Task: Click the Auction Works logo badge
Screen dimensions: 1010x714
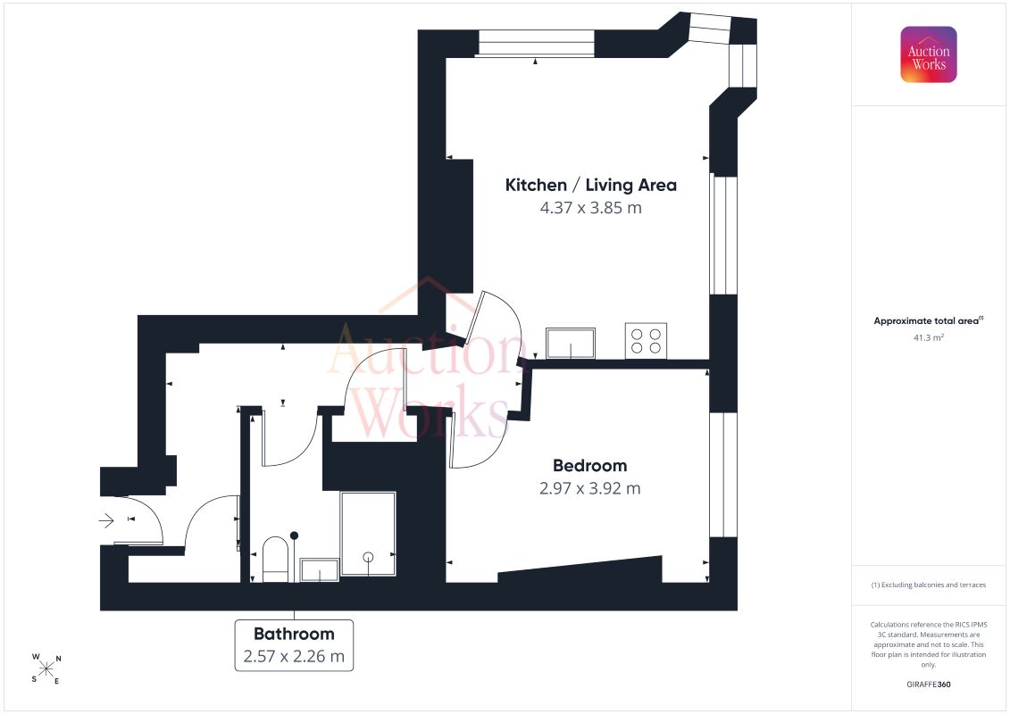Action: pyautogui.click(x=928, y=54)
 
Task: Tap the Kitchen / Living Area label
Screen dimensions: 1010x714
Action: pyautogui.click(x=590, y=186)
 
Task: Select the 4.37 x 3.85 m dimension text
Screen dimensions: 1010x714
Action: pyautogui.click(x=590, y=208)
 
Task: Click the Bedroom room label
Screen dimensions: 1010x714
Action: pyautogui.click(x=590, y=466)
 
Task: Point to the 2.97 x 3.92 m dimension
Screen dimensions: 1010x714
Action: pyautogui.click(x=590, y=488)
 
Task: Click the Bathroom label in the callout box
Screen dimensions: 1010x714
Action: pyautogui.click(x=294, y=635)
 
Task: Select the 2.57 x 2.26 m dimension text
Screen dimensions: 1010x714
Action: pyautogui.click(x=294, y=656)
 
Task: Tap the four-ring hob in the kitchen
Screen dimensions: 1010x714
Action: pyautogui.click(x=646, y=341)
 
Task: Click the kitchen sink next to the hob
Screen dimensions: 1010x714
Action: pyautogui.click(x=571, y=343)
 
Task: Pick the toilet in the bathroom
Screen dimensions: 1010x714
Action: pyautogui.click(x=276, y=560)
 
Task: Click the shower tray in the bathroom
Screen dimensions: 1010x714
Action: pyautogui.click(x=368, y=534)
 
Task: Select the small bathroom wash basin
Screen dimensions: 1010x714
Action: pyautogui.click(x=320, y=569)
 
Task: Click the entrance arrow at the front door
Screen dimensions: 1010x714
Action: pyautogui.click(x=106, y=519)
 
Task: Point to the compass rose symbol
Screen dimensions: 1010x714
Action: pyautogui.click(x=46, y=669)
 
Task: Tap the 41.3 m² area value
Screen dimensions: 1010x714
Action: pyautogui.click(x=928, y=337)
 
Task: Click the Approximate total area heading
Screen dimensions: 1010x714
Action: pyautogui.click(x=928, y=320)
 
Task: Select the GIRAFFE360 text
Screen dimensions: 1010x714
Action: pyautogui.click(x=928, y=685)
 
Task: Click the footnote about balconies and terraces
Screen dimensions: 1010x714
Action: pyautogui.click(x=928, y=585)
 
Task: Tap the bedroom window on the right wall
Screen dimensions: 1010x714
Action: pyautogui.click(x=723, y=475)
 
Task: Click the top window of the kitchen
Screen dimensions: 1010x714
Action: pyautogui.click(x=536, y=43)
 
